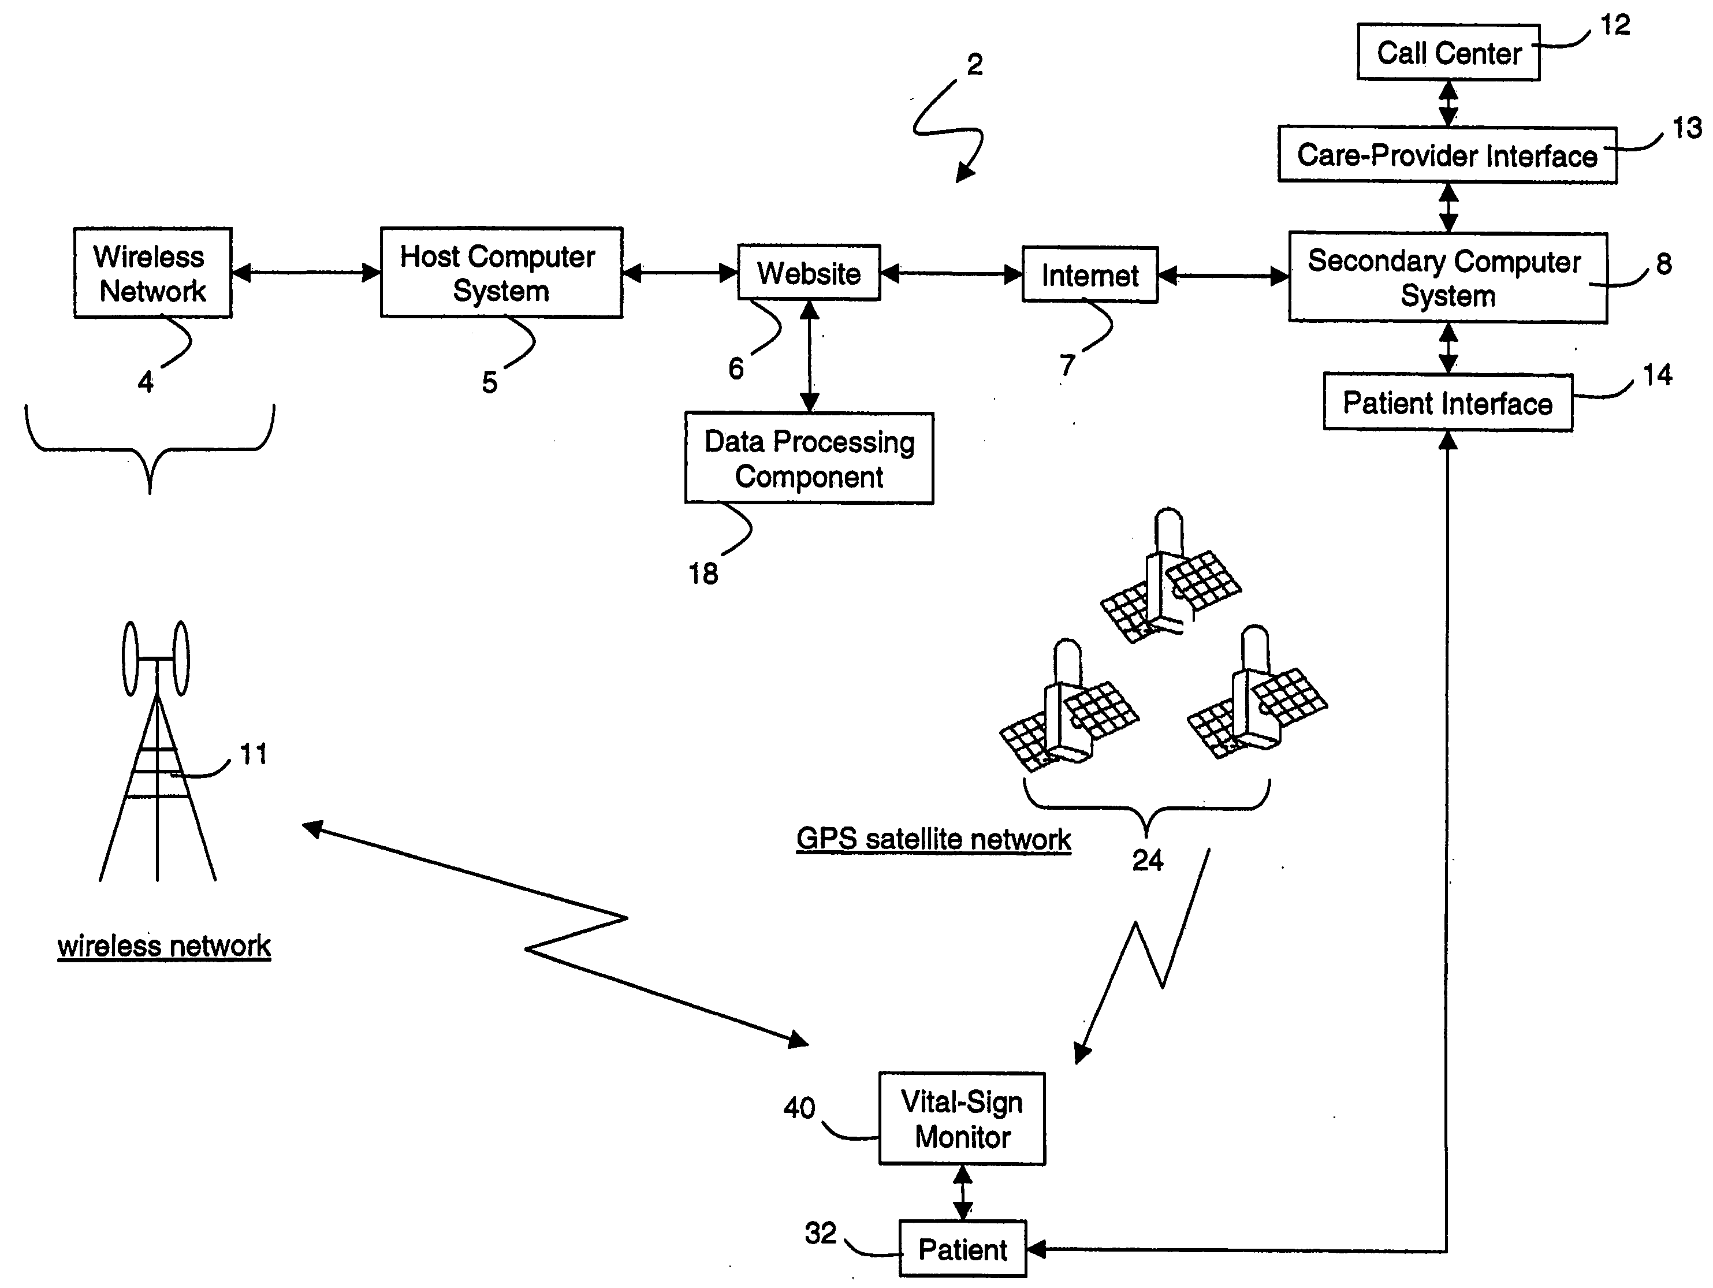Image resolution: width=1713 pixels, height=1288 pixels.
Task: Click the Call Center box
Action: pos(1448,53)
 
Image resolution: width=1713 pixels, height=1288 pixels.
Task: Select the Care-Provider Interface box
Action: pos(1447,155)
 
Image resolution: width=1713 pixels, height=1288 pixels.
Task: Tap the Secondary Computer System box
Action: pos(1447,277)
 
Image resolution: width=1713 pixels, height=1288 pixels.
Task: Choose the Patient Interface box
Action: pos(1447,403)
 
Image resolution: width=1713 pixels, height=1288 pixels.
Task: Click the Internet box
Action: pos(1090,275)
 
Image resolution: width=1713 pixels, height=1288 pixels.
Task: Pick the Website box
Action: pos(809,273)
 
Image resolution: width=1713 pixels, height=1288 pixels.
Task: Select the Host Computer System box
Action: pos(501,273)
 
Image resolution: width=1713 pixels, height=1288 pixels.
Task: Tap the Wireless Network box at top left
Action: pos(152,273)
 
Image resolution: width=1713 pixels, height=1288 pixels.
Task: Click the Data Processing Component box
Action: pos(809,459)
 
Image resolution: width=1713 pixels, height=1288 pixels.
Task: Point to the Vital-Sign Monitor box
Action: pos(962,1118)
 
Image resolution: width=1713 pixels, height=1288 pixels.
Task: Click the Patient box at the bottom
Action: pos(963,1249)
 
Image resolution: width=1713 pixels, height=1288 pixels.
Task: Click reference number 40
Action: pos(799,1108)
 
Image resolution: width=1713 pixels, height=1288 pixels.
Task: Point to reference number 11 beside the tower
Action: pos(253,754)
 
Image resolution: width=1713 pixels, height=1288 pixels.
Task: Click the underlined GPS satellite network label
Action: pos(933,839)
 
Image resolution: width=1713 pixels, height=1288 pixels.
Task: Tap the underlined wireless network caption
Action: pos(164,945)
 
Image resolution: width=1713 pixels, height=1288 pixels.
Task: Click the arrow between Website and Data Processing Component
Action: pos(809,356)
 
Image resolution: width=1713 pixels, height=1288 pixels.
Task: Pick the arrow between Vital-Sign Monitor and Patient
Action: pos(963,1193)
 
